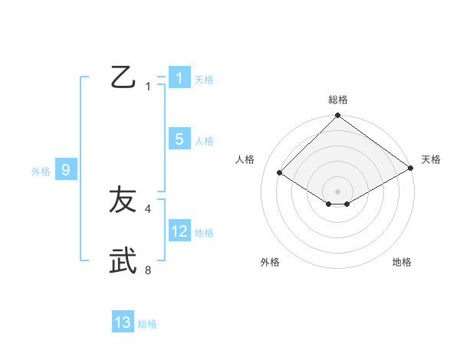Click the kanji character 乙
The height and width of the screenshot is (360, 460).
coord(123,77)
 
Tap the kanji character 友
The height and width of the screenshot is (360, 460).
coord(123,200)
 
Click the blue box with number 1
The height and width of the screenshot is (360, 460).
coord(179,78)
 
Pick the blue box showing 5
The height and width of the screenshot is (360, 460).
coord(179,139)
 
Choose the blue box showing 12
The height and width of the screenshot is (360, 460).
coord(179,231)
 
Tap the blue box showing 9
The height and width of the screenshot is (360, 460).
coord(66,170)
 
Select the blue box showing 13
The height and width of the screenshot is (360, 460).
coord(123,322)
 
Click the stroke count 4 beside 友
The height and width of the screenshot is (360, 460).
coord(148,208)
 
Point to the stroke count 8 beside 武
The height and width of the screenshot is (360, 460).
coord(148,269)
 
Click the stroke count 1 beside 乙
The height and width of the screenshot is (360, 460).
coord(148,86)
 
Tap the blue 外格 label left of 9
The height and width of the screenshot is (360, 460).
coord(41,172)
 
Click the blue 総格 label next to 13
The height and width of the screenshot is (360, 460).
coord(147,324)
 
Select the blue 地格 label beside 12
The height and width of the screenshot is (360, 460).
coord(204,233)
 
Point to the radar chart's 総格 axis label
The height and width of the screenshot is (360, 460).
coord(338,100)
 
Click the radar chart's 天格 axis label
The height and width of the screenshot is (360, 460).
coord(431,159)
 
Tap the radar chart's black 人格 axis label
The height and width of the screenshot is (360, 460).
coord(245,159)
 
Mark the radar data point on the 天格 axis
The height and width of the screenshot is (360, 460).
coord(411,169)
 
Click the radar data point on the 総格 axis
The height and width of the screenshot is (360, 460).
coord(338,116)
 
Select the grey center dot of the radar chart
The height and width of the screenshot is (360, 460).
coord(338,191)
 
